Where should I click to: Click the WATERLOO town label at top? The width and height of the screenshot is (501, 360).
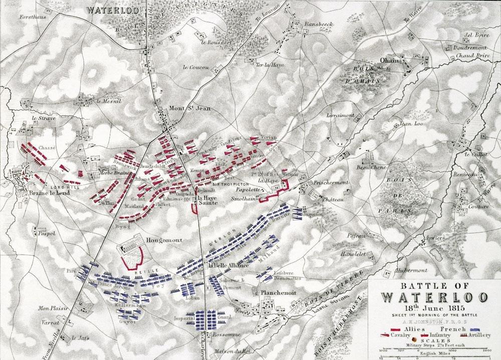[x=106, y=9]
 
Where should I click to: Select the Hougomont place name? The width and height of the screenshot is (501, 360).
[x=159, y=240]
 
